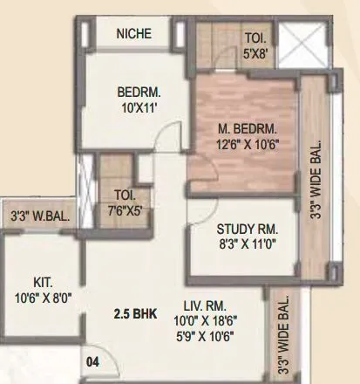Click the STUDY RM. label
(x=248, y=230)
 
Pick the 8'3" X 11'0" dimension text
(x=248, y=245)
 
